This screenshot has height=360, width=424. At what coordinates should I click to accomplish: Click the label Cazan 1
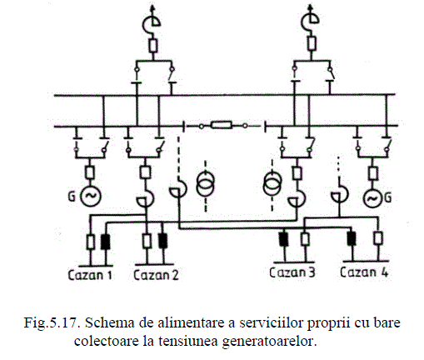(x=90, y=275)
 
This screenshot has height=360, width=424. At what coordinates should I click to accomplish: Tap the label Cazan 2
(x=156, y=275)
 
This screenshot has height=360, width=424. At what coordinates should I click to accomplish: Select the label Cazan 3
(x=292, y=272)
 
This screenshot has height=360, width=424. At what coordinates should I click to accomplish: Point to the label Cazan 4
(x=364, y=272)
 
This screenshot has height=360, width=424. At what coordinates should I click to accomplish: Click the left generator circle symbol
(x=91, y=196)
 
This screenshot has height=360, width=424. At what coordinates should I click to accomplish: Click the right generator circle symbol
(x=373, y=198)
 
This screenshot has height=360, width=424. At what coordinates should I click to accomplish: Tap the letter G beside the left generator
(x=72, y=197)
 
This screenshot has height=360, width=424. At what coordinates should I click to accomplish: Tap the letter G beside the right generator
(x=388, y=198)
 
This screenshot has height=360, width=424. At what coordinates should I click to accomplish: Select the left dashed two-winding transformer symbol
(x=206, y=184)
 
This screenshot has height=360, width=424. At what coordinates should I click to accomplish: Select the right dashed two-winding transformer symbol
(x=272, y=184)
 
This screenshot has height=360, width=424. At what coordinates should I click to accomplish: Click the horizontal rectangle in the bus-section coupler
(x=222, y=125)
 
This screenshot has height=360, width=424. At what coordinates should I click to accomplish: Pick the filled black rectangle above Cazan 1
(x=105, y=242)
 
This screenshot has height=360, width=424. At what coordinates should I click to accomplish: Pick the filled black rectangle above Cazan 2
(x=162, y=241)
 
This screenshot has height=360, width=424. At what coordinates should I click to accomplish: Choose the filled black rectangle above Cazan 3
(x=283, y=239)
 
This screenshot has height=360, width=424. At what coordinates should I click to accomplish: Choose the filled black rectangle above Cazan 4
(x=352, y=238)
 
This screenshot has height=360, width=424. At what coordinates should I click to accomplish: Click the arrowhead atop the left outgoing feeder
(x=152, y=7)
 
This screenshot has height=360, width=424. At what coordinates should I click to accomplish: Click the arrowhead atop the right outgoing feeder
(x=311, y=7)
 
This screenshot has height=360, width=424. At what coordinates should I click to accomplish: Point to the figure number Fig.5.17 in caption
(x=52, y=322)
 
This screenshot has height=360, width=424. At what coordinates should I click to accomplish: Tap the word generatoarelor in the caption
(x=269, y=342)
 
